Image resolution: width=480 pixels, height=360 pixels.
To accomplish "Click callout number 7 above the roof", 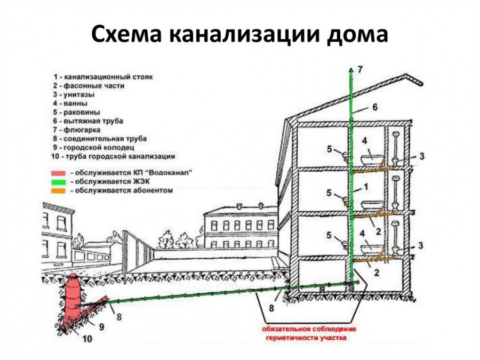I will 360,69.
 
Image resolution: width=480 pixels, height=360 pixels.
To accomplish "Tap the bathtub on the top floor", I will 372,158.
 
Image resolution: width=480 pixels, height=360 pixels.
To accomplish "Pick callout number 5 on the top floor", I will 330,149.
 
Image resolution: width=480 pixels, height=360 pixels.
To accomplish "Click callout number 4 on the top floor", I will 364,141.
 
